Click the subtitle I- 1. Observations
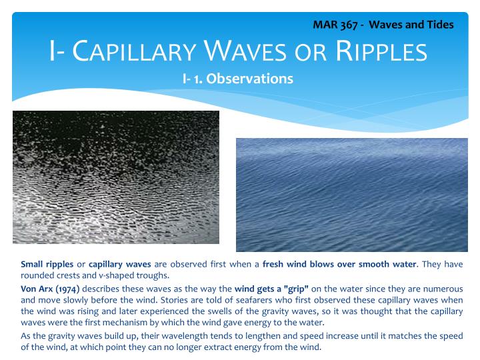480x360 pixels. click(238, 79)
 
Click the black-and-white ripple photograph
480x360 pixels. click(116, 177)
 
